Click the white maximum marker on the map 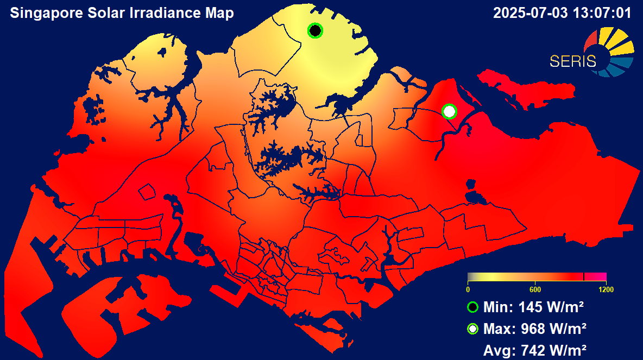click(x=449, y=111)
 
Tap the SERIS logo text click(x=572, y=61)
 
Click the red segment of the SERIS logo click(x=591, y=42)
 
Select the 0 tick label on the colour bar click(x=468, y=289)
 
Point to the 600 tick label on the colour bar click(x=535, y=289)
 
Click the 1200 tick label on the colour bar click(x=606, y=289)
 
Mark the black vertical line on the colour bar click(x=583, y=276)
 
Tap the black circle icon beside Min click(x=472, y=307)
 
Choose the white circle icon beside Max click(x=472, y=329)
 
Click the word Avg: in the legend click(x=500, y=351)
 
